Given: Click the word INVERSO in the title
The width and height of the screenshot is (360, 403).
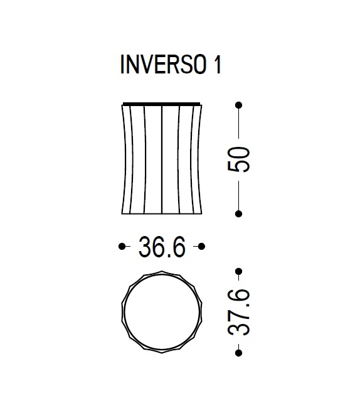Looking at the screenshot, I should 161,67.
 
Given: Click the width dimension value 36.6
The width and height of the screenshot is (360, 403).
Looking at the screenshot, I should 162,247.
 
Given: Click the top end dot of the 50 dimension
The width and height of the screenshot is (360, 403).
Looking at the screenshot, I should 238,105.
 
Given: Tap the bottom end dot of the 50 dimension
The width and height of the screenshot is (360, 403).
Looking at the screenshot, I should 238,214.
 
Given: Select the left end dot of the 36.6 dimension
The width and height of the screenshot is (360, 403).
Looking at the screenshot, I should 122,247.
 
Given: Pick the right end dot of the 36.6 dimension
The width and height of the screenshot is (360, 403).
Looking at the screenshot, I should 202,247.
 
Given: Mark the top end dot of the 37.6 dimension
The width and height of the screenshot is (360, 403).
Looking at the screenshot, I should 238,272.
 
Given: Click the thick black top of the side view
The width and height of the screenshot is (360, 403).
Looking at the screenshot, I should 161,103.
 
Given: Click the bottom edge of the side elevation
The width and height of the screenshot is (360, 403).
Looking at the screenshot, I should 161,214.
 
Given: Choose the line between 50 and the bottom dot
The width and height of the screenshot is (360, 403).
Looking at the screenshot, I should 238,195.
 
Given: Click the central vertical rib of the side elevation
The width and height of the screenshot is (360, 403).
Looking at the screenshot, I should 162,159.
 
